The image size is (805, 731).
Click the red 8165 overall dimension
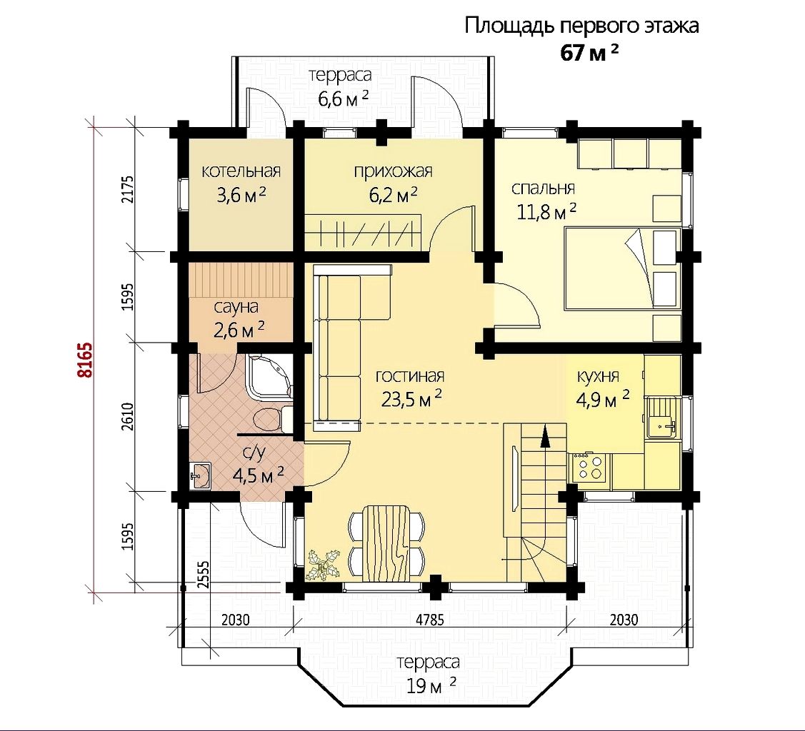click(86, 359)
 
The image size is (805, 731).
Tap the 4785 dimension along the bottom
click(430, 620)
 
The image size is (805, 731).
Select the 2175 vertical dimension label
click(129, 189)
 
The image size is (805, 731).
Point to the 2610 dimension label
click(129, 416)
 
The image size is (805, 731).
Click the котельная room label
click(241, 171)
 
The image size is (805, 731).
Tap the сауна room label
click(236, 307)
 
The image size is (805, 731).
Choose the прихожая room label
click(394, 171)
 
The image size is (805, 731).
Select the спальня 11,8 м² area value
click(546, 211)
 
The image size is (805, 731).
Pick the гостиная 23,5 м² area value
click(411, 398)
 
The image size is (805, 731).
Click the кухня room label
click(598, 376)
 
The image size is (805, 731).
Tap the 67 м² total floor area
click(589, 52)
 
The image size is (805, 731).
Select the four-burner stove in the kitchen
click(590, 468)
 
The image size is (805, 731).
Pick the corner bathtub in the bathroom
click(269, 377)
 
